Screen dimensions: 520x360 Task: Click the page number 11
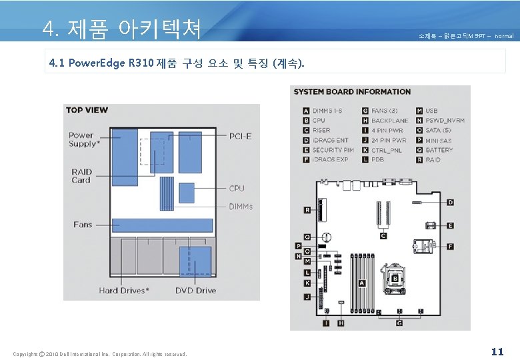tap(497, 351)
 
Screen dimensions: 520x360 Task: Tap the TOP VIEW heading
tap(87, 110)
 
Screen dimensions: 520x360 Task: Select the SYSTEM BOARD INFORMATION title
tap(352, 92)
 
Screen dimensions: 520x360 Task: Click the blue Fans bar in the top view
tap(162, 225)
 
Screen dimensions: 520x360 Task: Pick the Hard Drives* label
tap(124, 290)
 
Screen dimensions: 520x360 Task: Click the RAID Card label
tap(81, 176)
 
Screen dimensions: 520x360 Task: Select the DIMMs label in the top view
tap(241, 206)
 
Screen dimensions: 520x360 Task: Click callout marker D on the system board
tap(451, 202)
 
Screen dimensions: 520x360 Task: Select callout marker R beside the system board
tap(307, 210)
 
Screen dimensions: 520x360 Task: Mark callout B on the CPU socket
tap(395, 277)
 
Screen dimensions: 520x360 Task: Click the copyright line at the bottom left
tap(100, 354)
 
